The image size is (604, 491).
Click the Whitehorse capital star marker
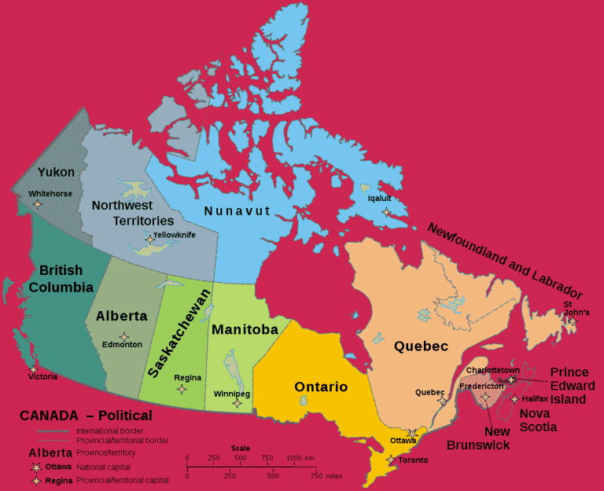point(37,205)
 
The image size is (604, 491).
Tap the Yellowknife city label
point(175,234)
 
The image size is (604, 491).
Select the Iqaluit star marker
point(385,212)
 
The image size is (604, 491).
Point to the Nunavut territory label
point(237,211)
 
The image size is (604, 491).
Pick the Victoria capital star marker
point(33,368)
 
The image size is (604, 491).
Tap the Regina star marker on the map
point(182,388)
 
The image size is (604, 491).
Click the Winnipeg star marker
point(237,403)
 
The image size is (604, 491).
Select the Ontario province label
point(321,387)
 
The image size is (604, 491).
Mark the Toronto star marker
point(390,460)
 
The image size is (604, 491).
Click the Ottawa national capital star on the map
point(413,433)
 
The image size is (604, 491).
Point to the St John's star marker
point(573,321)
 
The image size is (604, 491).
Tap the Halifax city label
point(534,399)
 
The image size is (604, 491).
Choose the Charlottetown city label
point(492,369)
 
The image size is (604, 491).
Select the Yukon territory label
point(56,172)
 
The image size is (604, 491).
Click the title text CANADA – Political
point(87,416)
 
